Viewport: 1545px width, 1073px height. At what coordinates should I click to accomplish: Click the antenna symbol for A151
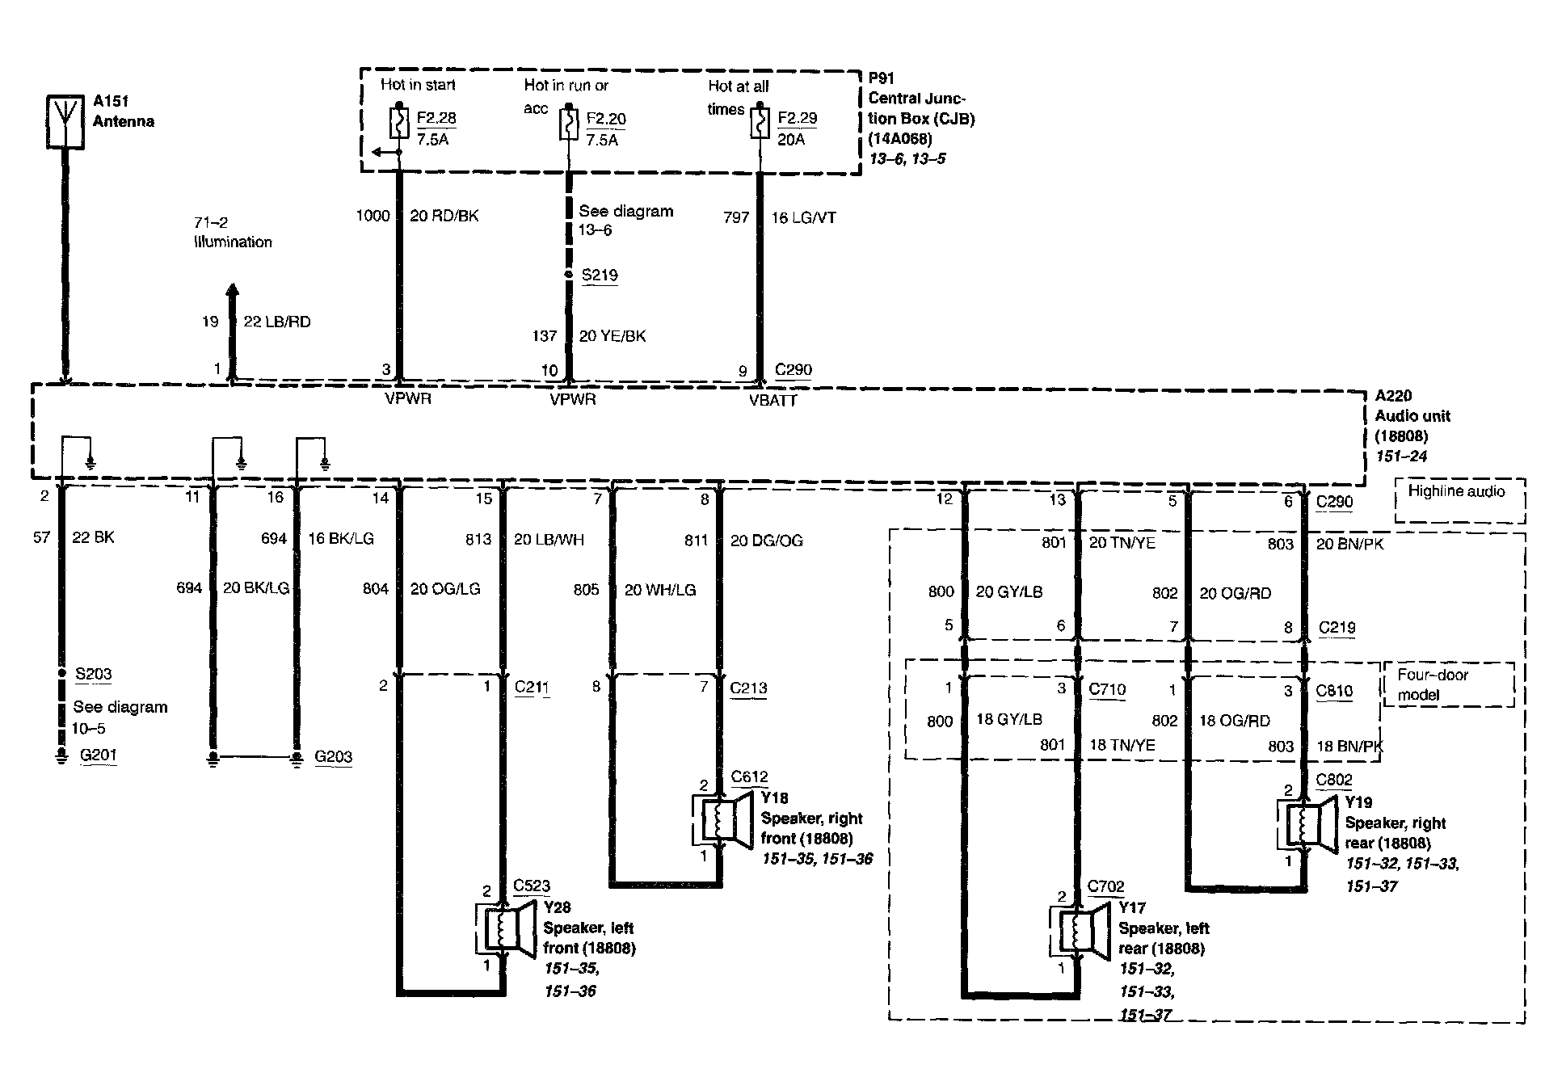(65, 122)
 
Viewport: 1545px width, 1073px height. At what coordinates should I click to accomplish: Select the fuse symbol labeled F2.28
(398, 123)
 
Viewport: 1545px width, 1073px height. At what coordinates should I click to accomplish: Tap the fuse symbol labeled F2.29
(760, 124)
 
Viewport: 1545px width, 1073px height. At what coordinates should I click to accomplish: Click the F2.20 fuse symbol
(568, 124)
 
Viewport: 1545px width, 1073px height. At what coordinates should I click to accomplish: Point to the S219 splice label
(600, 275)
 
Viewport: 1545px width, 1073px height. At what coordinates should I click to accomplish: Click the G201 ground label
(98, 755)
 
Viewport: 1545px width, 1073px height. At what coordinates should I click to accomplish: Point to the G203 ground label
(333, 757)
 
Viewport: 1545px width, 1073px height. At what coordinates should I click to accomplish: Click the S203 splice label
(93, 674)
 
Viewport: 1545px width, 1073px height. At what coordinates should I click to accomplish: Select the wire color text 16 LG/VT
(803, 217)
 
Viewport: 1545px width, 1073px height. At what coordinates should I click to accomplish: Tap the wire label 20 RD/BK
(444, 216)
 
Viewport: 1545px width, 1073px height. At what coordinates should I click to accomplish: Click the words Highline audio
(1456, 491)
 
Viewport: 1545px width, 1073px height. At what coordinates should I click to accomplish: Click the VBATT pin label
(773, 401)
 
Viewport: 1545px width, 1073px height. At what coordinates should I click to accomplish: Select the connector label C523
(532, 886)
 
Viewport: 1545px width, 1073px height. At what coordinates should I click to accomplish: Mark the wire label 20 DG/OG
(766, 541)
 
